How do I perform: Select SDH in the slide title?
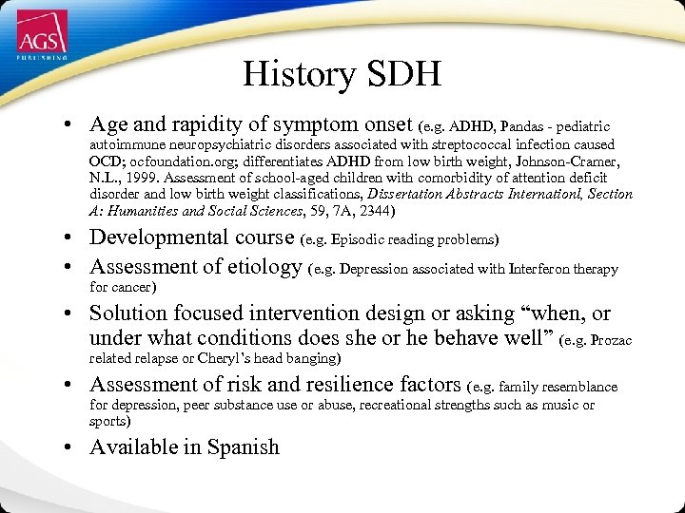403,74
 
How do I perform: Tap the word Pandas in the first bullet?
523,126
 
